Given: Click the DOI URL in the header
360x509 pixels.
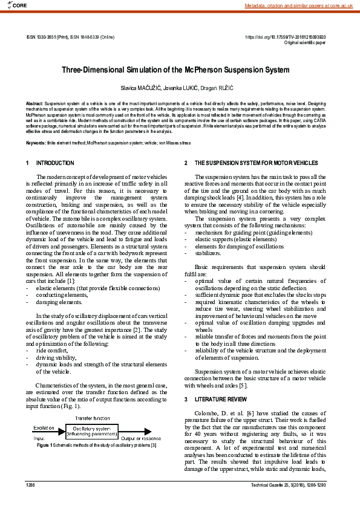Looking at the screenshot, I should (x=285, y=37).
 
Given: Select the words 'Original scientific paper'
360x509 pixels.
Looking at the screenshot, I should (x=305, y=43).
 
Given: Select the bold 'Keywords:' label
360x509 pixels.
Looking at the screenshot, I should (x=36, y=143).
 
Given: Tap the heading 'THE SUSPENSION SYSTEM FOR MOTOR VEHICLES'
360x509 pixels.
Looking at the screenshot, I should (x=254, y=163).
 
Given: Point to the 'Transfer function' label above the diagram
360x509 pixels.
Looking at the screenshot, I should (x=91, y=418).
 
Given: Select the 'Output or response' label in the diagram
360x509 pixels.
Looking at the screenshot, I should (x=140, y=438).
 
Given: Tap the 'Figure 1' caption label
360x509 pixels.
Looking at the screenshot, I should (x=42, y=446).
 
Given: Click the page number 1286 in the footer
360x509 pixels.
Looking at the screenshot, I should (x=31, y=485).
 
